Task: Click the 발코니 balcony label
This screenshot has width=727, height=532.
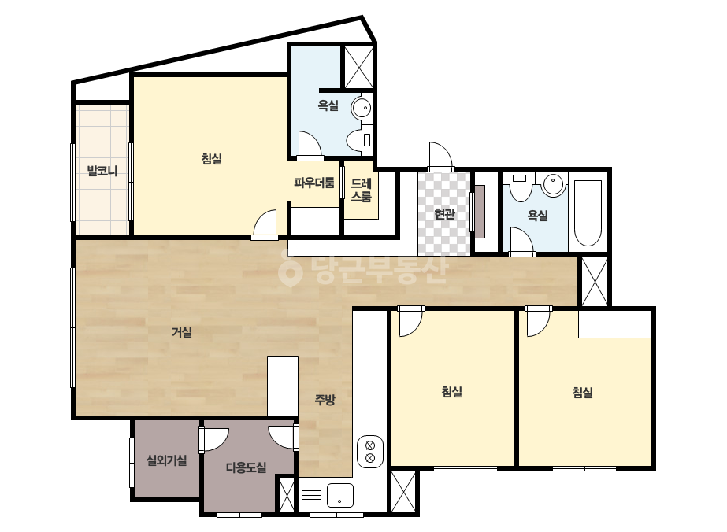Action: pos(102,171)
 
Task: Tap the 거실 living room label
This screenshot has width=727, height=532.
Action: pos(182,332)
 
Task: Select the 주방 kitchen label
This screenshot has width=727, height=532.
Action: pos(325,400)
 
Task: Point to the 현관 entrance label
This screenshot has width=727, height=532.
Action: pos(444,213)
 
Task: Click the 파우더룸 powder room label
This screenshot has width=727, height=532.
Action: pos(314,182)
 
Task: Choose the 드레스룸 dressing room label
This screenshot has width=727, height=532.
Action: pos(362,190)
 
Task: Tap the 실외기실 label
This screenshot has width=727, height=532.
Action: pos(166,460)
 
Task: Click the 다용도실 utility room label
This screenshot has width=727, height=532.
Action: pos(247,467)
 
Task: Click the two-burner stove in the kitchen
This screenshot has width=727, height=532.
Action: pos(370,452)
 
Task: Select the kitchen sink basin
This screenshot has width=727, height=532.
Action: pos(339,495)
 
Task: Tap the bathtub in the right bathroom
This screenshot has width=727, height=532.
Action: pos(588,212)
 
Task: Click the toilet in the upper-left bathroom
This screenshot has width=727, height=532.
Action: pos(360,140)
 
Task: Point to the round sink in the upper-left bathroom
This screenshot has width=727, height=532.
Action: pos(362,109)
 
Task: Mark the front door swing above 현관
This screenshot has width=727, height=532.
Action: pos(440,156)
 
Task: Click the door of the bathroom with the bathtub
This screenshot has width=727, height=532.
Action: pos(522,241)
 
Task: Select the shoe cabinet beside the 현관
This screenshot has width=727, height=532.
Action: pos(480,212)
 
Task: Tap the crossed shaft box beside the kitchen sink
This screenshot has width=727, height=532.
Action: pos(287,495)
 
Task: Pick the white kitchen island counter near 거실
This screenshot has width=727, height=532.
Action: pos(283,386)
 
